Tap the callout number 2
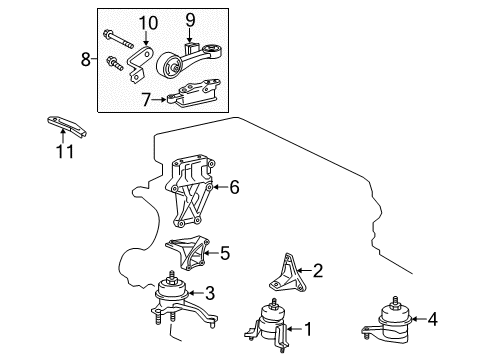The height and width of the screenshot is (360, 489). (318, 269)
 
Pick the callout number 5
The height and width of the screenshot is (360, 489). (224, 253)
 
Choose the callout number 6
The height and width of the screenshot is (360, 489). (234, 185)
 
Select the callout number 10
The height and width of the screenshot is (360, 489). (148, 23)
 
